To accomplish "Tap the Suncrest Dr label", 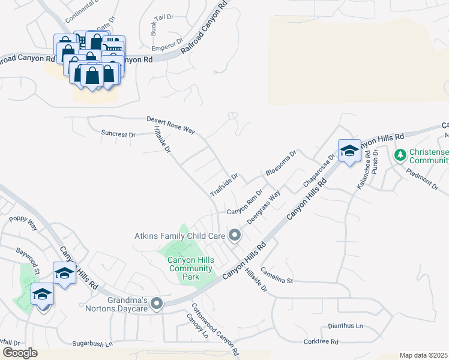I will (x=118, y=134).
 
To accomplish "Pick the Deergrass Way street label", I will (x=265, y=208).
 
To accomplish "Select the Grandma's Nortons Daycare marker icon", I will (x=157, y=304).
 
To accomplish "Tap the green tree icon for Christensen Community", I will (x=400, y=155).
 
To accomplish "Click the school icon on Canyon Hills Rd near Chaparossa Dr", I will (x=349, y=151).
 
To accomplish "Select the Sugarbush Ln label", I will (x=92, y=344).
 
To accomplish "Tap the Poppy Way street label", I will (x=23, y=224).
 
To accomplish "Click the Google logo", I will (x=20, y=352).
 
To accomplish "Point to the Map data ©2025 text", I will (x=423, y=355).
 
